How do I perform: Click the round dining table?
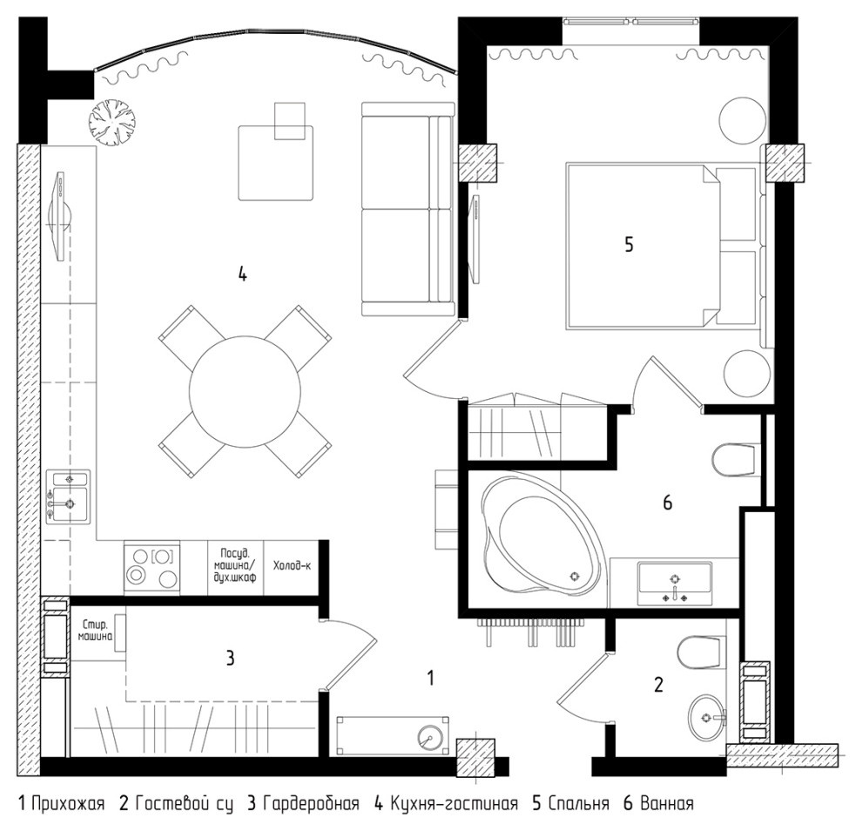pyautogui.click(x=245, y=391)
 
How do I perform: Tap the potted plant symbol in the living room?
pyautogui.click(x=113, y=123)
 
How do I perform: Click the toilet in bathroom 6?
pyautogui.click(x=733, y=460)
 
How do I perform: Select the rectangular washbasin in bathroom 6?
pyautogui.click(x=675, y=584)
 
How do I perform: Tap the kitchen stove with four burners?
pyautogui.click(x=152, y=568)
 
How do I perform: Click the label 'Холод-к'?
pyautogui.click(x=292, y=565)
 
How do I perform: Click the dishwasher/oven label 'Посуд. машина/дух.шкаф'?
pyautogui.click(x=236, y=566)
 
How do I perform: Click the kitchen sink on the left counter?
pyautogui.click(x=68, y=497)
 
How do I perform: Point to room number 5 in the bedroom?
pyautogui.click(x=629, y=244)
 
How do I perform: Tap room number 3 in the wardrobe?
pyautogui.click(x=231, y=658)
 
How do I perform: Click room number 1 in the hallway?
pyautogui.click(x=431, y=678)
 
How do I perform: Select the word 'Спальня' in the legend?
pyautogui.click(x=578, y=803)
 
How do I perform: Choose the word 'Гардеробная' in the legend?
pyautogui.click(x=311, y=803)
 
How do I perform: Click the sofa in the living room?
pyautogui.click(x=407, y=209)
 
